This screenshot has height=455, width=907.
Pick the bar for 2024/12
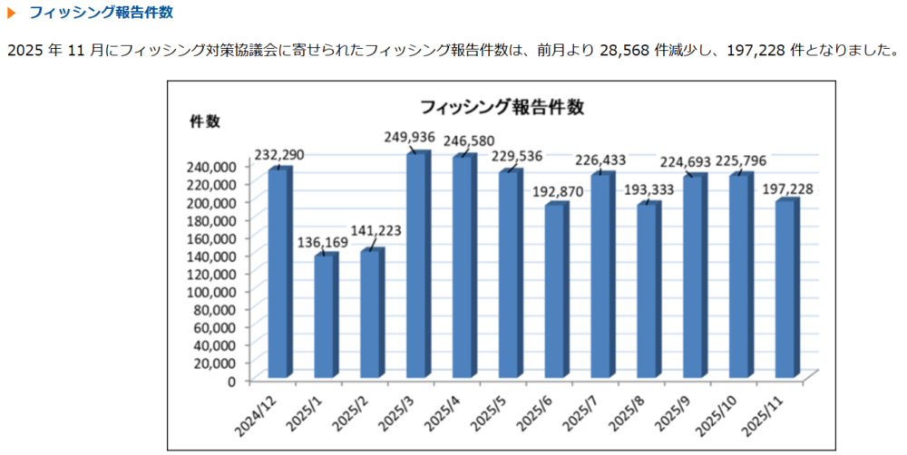click(x=278, y=272)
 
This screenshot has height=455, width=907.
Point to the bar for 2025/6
click(x=555, y=290)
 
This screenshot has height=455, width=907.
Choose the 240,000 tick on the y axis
click(x=210, y=166)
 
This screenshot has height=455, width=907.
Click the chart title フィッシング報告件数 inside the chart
click(x=501, y=106)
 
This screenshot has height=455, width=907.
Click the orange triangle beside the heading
click(x=12, y=14)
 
